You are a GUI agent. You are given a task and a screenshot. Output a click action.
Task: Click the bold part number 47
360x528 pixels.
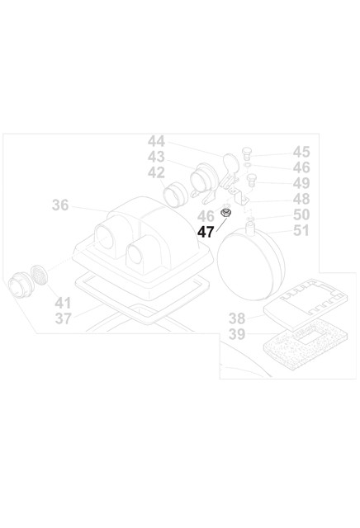(x=206, y=232)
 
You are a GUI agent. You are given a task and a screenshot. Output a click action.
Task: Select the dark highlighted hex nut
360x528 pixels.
(x=224, y=213)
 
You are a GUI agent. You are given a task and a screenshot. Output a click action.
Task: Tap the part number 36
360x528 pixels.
(x=60, y=205)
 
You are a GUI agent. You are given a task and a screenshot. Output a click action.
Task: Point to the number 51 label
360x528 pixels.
(x=301, y=230)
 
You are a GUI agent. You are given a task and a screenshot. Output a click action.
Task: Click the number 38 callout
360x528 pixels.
(x=237, y=318)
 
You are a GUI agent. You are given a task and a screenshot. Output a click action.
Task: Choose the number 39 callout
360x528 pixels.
(x=237, y=334)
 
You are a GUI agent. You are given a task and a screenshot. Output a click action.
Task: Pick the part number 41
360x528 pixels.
(x=63, y=303)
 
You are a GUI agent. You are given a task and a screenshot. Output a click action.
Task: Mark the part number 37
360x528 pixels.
(x=64, y=318)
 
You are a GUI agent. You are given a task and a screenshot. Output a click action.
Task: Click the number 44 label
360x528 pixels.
(x=156, y=141)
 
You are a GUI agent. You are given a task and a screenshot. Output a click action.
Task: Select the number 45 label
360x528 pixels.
(x=301, y=152)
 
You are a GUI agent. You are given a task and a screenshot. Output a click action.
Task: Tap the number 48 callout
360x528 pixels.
(x=301, y=199)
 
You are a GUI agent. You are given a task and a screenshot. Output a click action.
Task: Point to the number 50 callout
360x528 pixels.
(x=301, y=214)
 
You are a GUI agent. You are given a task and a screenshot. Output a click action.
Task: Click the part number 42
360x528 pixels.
(x=156, y=172)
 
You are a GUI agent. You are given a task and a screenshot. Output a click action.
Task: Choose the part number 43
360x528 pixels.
(x=156, y=157)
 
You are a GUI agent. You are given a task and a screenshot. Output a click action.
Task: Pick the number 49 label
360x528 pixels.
(x=301, y=183)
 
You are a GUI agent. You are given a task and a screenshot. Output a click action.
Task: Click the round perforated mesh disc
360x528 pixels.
(x=39, y=274)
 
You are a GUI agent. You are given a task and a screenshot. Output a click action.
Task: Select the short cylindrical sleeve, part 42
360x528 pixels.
(x=175, y=195)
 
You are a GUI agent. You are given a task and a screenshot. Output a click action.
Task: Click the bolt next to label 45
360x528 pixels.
(x=247, y=153)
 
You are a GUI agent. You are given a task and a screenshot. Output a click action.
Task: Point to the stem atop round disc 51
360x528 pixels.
(x=250, y=228)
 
